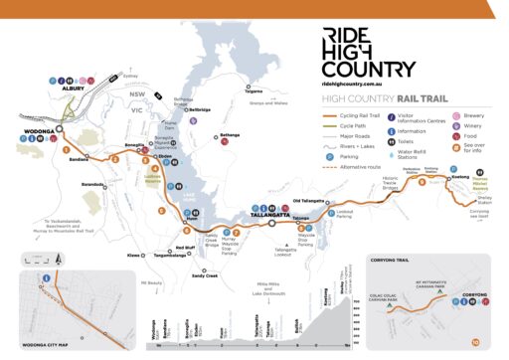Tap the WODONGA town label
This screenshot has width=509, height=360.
coord(37,130)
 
